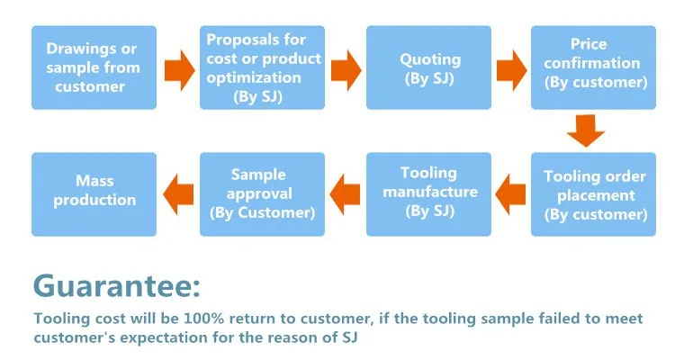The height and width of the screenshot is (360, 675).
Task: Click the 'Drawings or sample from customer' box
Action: tap(94, 67)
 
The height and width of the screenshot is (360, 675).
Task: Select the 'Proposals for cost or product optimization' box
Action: tap(262, 67)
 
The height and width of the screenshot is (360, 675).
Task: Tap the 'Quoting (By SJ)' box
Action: tap(428, 67)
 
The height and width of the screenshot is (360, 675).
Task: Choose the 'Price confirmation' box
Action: tap(593, 67)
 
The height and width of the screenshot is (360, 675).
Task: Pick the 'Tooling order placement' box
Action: tap(593, 194)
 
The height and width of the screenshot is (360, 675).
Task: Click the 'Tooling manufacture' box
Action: tap(428, 194)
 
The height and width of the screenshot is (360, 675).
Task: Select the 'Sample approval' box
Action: tap(262, 194)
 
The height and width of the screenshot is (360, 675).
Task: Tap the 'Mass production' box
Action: tap(94, 194)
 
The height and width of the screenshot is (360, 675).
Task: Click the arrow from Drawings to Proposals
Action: tap(179, 70)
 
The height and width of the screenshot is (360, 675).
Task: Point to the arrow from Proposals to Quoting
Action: tap(346, 70)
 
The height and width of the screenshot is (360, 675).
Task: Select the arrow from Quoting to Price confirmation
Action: tap(511, 70)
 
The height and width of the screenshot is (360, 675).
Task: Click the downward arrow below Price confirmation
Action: tap(586, 130)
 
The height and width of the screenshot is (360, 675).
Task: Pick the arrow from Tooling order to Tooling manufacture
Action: tap(510, 194)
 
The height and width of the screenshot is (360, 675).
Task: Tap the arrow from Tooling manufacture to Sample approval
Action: tap(345, 194)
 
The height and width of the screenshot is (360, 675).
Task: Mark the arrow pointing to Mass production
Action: tap(178, 194)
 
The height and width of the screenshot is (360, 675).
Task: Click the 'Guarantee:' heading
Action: tap(117, 286)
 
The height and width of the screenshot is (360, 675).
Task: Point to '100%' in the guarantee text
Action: tap(204, 319)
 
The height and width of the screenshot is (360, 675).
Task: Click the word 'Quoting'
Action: tap(430, 59)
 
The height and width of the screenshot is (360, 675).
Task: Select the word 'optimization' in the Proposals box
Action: tap(254, 78)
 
